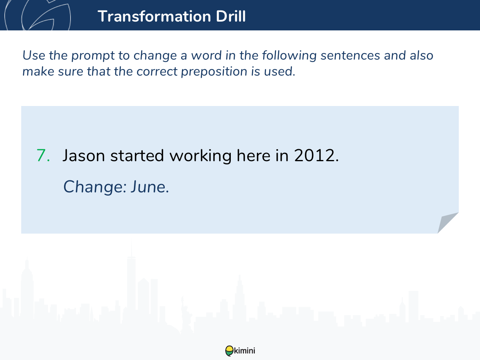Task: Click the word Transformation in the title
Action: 154,16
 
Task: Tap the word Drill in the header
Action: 231,16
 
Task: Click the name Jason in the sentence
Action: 84,156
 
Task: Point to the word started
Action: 137,156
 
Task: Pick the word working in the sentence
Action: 200,156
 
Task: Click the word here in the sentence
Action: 254,156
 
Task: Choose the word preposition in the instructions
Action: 214,72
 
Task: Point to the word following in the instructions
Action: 289,56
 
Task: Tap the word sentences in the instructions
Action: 350,55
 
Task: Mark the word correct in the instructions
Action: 157,72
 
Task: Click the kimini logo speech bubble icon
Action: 229,351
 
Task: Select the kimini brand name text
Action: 244,351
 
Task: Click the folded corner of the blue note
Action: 447,222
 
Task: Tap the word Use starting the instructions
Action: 34,55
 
